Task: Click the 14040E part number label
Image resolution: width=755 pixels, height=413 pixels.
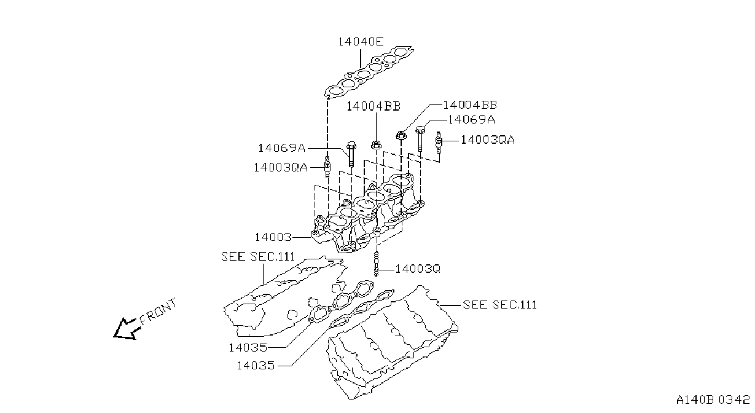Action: pos(361,41)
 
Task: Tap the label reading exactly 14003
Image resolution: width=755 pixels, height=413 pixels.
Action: pos(273,237)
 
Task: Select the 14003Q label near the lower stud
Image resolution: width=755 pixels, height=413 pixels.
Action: pos(417,269)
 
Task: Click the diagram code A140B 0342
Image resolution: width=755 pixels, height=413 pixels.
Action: pos(713,400)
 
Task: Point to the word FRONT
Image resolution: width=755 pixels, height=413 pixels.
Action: pos(158,312)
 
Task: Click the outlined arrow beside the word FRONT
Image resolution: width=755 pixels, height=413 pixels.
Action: pos(127,329)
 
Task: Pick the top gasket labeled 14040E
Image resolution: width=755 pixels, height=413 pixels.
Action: pos(369,72)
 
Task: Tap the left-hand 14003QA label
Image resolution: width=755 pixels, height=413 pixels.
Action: pos(280,167)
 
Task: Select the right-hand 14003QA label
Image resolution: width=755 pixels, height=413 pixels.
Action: pos(488,140)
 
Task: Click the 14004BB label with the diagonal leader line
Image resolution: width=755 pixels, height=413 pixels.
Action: pos(470,105)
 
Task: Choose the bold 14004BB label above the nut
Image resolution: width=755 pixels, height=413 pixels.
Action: pos(374,106)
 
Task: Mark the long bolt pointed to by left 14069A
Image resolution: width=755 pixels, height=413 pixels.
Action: pos(351,154)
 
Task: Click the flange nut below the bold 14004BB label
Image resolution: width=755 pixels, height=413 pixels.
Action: pos(376,145)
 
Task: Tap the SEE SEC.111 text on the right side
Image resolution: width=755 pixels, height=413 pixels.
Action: pos(499,304)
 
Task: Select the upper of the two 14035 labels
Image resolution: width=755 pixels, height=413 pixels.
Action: pos(248,347)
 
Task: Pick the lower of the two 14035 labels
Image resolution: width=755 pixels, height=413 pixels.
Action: pos(256,366)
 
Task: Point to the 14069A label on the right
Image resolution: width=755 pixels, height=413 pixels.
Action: pos(471,119)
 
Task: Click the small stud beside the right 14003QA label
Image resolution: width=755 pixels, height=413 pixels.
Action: pos(439,142)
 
